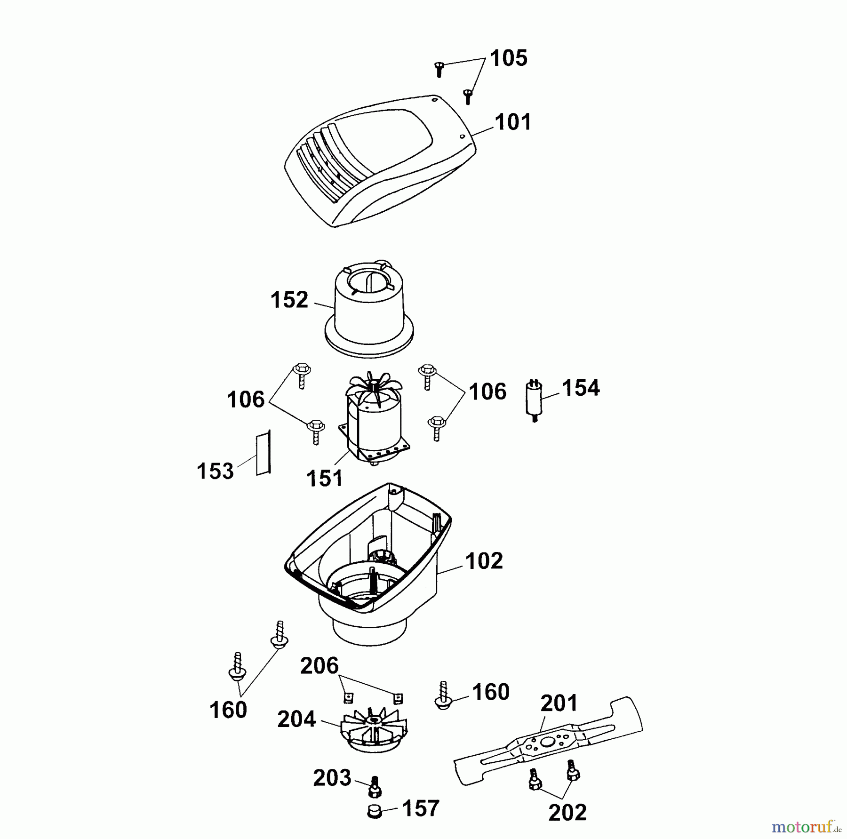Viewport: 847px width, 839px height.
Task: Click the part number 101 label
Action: click(x=512, y=122)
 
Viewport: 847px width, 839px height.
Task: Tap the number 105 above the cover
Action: click(x=509, y=59)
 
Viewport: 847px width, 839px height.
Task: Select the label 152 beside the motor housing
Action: click(x=289, y=300)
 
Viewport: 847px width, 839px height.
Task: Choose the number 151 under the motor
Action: click(x=325, y=479)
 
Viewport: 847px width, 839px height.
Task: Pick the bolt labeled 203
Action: click(x=375, y=786)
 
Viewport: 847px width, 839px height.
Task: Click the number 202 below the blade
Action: click(x=567, y=812)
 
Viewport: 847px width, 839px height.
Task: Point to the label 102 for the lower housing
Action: click(x=484, y=561)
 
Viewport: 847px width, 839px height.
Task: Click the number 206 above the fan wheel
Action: click(x=320, y=666)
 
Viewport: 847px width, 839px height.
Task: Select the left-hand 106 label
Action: click(x=246, y=400)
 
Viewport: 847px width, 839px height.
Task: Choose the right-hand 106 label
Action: click(x=487, y=392)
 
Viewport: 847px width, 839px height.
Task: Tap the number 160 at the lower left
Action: click(x=228, y=710)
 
